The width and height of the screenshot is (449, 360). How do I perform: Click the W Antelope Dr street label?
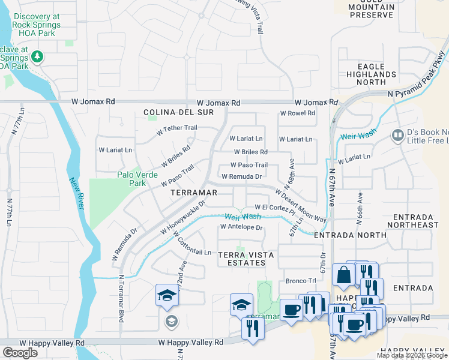[241, 227]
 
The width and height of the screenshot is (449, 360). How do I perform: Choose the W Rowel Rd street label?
[297, 113]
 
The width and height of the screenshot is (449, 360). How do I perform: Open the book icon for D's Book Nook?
[397, 135]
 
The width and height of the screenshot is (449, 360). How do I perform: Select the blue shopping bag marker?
[344, 275]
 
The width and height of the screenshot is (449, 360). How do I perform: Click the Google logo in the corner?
[20, 353]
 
